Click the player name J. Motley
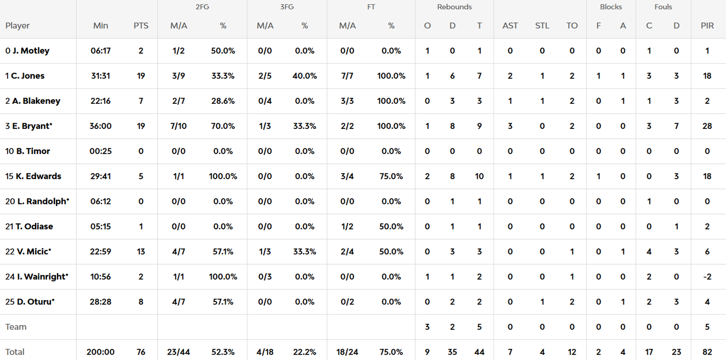click(31, 51)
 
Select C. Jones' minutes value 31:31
click(100, 76)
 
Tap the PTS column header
click(141, 26)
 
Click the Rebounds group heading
click(454, 7)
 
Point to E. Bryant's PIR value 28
click(707, 126)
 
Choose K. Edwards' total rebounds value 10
click(479, 176)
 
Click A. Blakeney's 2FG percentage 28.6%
click(223, 101)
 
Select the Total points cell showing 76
click(141, 352)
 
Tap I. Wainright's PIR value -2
click(707, 277)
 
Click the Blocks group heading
click(610, 7)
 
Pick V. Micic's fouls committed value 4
click(649, 252)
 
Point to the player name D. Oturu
click(36, 302)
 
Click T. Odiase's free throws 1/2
click(347, 227)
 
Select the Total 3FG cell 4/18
click(265, 352)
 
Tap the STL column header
click(542, 26)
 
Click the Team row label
click(16, 327)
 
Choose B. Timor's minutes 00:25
click(100, 151)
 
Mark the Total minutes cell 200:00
click(100, 352)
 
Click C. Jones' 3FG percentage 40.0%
click(305, 76)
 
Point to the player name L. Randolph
click(43, 201)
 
